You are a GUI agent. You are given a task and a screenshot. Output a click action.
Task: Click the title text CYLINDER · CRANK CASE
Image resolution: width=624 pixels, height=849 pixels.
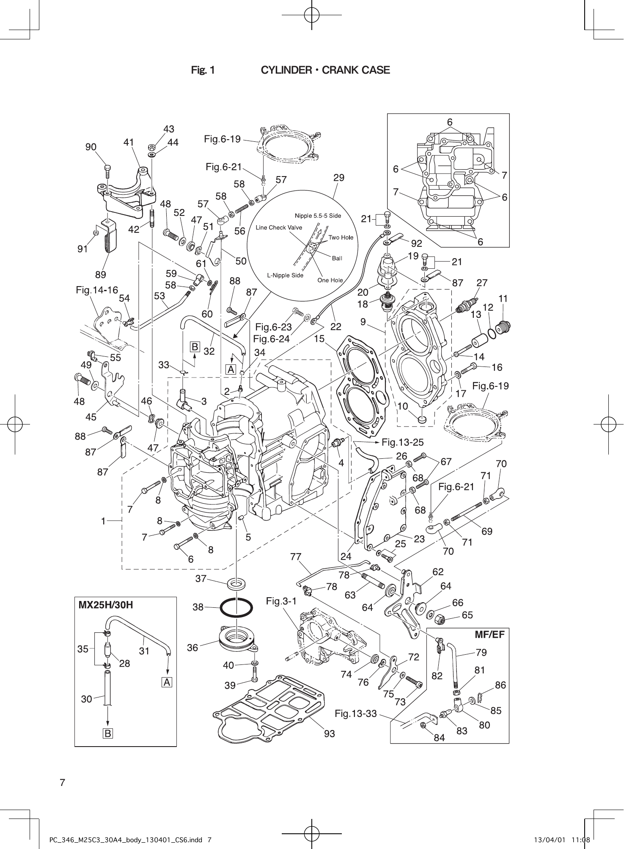(325, 70)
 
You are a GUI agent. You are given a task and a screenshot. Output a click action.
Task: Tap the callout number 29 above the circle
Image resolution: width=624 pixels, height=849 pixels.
(338, 178)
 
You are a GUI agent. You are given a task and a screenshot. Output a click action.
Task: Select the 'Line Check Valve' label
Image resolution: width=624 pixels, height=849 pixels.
(279, 228)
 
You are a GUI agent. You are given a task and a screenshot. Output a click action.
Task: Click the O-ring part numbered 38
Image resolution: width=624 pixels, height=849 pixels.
(236, 609)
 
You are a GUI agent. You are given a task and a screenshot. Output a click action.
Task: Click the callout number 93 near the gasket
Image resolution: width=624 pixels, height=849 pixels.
(330, 733)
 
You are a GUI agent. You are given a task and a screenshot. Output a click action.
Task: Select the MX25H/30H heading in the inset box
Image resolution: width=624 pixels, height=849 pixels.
(106, 605)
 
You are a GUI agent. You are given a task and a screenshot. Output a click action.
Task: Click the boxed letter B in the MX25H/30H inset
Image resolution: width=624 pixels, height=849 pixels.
(108, 733)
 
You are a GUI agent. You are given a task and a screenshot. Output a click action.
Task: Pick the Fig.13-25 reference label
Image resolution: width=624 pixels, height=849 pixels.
(402, 442)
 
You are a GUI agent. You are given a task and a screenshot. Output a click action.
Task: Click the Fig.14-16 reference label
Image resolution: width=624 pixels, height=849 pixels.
(97, 290)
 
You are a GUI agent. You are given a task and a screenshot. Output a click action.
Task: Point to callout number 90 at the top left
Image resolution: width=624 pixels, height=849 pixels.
(91, 147)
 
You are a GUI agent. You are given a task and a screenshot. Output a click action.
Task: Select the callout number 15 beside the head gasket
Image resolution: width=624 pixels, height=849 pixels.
(319, 339)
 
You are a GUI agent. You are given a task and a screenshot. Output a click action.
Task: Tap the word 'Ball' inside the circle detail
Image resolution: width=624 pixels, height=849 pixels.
(337, 258)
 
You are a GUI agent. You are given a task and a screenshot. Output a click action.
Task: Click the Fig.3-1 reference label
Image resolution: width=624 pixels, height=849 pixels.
(281, 601)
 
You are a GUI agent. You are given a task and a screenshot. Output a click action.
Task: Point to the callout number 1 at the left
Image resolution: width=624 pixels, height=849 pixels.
(103, 521)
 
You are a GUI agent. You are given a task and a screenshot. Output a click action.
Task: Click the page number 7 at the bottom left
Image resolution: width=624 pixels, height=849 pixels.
(62, 783)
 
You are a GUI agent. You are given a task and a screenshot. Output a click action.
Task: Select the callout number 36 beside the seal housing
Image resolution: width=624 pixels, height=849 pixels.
(192, 648)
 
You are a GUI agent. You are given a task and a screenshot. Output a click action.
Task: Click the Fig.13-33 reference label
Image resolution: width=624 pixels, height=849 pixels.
(355, 714)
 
